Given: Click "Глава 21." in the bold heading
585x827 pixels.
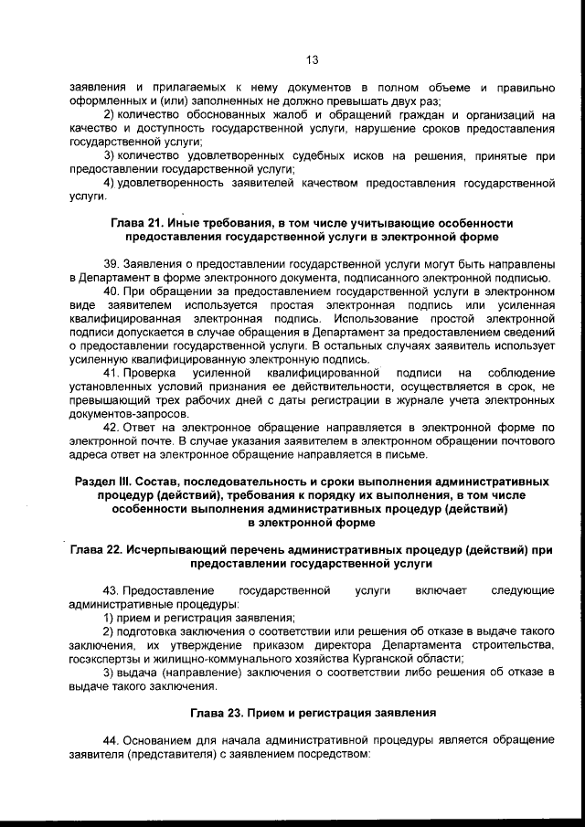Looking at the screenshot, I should click(140, 223).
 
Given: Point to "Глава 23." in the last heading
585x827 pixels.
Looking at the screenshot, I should click(220, 711).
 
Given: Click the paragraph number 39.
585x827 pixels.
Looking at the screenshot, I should click(111, 261).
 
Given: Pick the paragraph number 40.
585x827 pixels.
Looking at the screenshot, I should click(111, 292).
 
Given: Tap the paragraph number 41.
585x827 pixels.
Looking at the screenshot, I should click(111, 374).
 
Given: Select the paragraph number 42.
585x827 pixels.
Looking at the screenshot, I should click(111, 428).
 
